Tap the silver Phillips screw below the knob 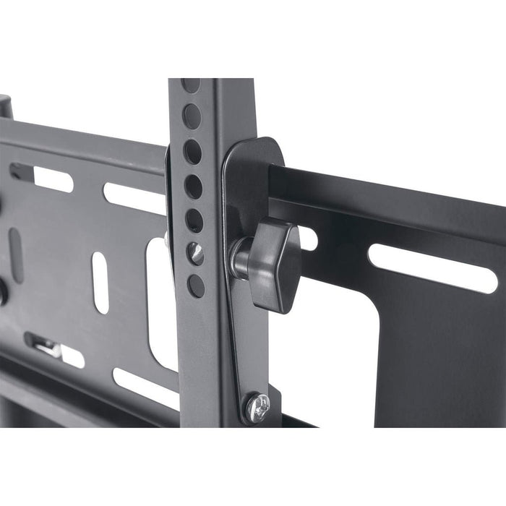[257, 408]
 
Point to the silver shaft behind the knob [239, 258]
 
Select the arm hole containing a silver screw [195, 252]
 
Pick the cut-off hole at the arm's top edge [191, 84]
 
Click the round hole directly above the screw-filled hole [194, 220]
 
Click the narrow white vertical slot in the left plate [100, 281]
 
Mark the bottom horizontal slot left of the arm [145, 387]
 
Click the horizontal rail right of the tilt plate [390, 195]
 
